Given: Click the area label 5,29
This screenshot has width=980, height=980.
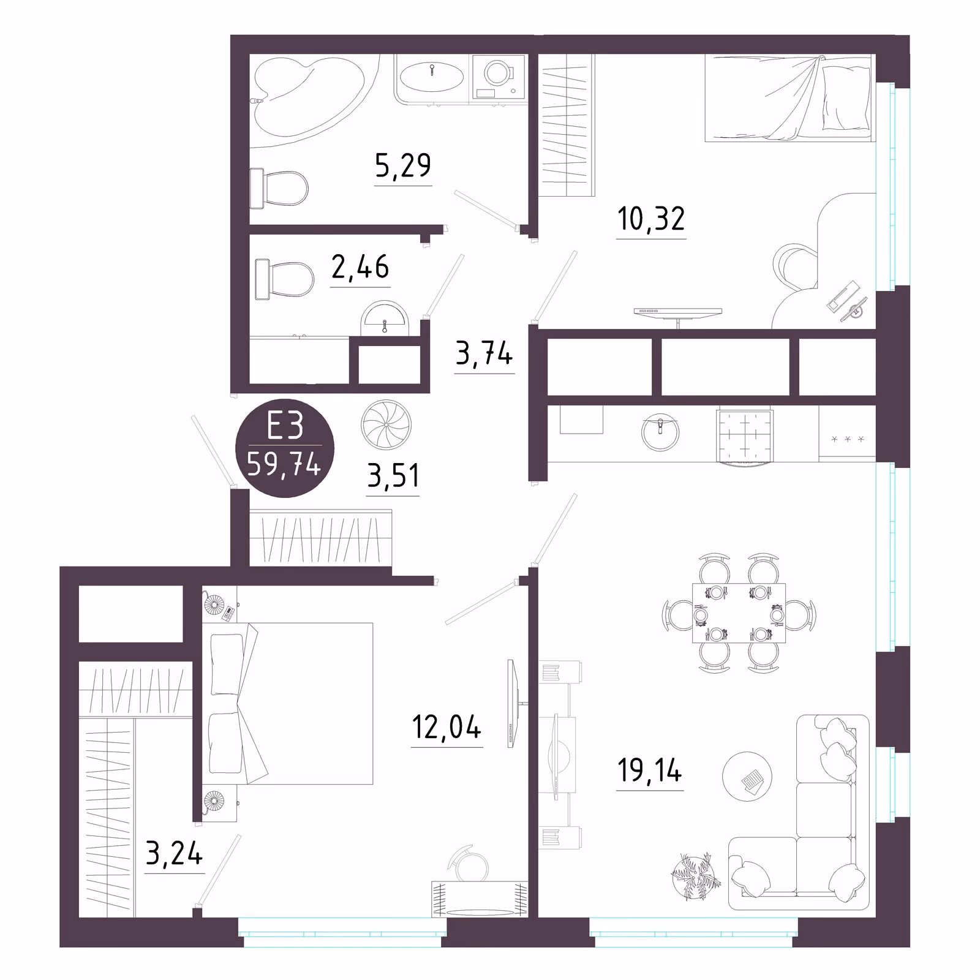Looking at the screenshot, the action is pos(403,165).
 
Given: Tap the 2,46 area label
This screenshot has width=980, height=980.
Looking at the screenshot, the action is pos(360,266).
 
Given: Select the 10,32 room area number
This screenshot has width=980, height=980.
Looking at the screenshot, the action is pos(651,219).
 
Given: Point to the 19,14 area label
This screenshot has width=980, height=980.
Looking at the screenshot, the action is pos(650,771).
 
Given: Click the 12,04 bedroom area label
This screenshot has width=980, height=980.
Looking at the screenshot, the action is pos(447,727).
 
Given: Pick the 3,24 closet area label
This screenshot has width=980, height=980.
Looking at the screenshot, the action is pos(174,853).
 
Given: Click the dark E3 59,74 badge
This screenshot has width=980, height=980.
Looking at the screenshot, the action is pos(285,448).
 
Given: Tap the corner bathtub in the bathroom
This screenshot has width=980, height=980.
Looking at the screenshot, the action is pos(309,98).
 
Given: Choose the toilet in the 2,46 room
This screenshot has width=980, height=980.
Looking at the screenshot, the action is pos(284,279).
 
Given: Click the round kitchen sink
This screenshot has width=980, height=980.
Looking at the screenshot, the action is pos(660,432).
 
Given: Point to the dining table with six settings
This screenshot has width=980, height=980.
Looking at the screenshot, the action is pos(739,613).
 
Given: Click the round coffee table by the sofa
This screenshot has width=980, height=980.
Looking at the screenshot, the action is pos(747,777).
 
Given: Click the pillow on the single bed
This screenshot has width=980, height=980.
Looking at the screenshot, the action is pos(846,98).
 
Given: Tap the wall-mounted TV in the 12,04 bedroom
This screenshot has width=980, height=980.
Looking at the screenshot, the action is pos(513,703).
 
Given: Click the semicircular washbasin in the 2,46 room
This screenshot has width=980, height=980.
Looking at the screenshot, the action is pos(385,319).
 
